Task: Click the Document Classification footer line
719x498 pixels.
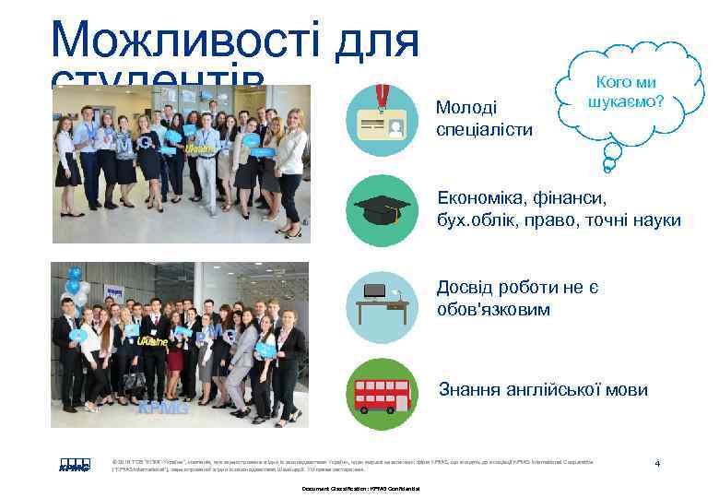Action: click(x=359, y=488)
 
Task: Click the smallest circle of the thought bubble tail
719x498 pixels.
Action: click(x=607, y=167)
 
